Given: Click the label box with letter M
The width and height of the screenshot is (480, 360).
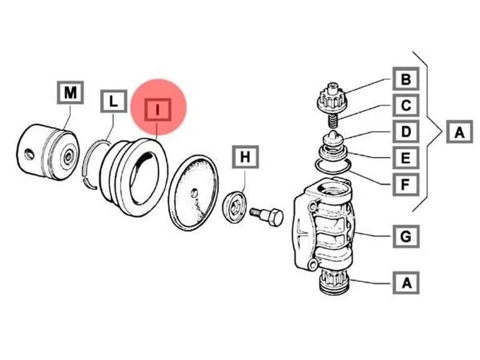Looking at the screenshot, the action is coord(70,92).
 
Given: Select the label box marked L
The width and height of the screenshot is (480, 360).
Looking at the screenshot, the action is coord(114,101).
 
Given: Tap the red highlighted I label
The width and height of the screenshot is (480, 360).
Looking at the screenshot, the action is coord(157,109).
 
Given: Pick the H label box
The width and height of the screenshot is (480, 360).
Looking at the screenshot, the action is coord(245,157).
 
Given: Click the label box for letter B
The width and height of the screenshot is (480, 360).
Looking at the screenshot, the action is coord(406,79).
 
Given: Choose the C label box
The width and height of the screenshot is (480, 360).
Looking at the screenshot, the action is coord(406,105).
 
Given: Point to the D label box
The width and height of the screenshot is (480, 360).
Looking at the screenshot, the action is coord(406,132).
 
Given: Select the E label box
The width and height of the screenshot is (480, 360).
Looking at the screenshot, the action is coord(406,158).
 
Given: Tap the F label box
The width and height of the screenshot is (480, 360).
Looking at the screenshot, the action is coord(406,184).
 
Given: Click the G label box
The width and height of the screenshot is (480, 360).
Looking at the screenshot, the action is coord(406,236).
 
